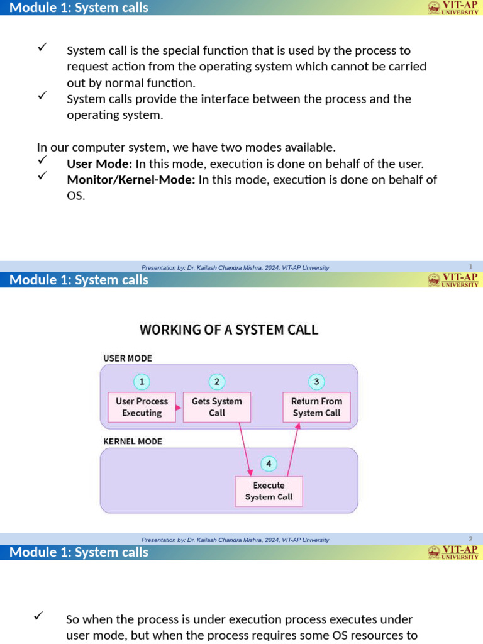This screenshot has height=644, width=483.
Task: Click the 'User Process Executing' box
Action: (142, 407)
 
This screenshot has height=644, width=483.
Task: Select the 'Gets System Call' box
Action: (216, 407)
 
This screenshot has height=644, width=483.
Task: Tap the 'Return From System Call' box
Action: (316, 407)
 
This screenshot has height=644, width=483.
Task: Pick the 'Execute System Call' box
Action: (269, 491)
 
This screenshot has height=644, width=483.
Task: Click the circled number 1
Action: (142, 382)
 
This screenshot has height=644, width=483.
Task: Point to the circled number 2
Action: (216, 382)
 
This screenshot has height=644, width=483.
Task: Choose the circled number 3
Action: (316, 382)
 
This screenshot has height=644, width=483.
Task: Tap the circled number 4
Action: (269, 464)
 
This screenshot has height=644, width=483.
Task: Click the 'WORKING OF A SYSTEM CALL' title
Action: (229, 330)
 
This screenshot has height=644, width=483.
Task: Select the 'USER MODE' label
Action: (128, 358)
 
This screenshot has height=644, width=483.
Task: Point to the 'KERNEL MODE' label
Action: (133, 441)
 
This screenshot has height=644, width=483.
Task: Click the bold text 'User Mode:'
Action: (99, 164)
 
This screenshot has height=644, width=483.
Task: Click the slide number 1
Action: (470, 267)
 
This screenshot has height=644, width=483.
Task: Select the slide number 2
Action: (470, 539)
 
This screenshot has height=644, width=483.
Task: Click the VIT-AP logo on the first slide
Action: (453, 8)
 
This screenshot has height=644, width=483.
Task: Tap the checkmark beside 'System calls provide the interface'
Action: (43, 96)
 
